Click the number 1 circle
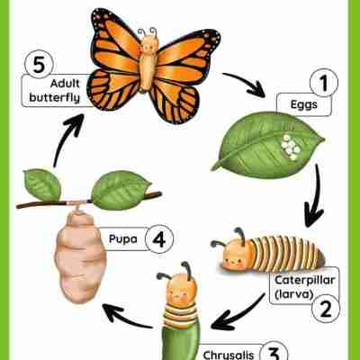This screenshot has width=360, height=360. point(324,83)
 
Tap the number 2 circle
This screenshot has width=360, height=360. point(326,309)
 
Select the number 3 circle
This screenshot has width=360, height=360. point(273,353)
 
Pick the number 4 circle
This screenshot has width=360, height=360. point(159,239)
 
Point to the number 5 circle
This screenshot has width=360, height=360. point(39,64)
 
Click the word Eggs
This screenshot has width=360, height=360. point(304,105)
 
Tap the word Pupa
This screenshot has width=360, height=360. point(123,238)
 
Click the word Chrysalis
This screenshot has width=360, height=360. point(229,355)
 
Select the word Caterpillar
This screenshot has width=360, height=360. point(305,280)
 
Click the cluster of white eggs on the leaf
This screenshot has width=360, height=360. point(291,147)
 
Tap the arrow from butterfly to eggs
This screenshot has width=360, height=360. point(245,85)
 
